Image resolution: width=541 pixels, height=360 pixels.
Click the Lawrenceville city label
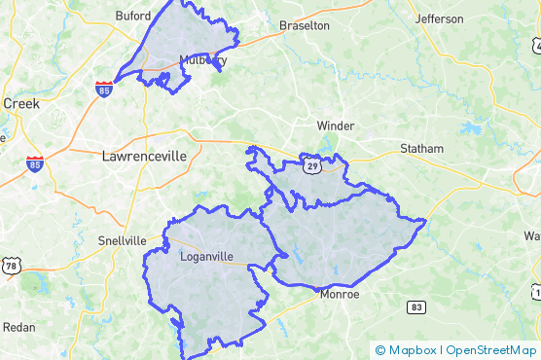click(x=144, y=155)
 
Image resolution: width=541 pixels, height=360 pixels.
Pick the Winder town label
click(x=336, y=126)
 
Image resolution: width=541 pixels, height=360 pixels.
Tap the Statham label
click(x=421, y=149)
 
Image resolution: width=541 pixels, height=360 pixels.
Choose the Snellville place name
click(x=122, y=240)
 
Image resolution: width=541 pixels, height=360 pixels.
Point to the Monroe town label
click(x=340, y=294)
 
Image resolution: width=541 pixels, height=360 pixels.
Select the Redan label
click(x=19, y=327)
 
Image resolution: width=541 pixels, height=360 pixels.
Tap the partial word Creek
click(x=20, y=103)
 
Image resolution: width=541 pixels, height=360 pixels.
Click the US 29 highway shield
click(x=311, y=166)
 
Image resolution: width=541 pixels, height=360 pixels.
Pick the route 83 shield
click(x=416, y=306)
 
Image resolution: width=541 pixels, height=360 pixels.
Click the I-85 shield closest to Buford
click(x=104, y=90)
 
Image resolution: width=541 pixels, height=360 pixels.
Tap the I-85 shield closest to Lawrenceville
click(x=35, y=164)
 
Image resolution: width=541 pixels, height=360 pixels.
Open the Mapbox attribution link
click(x=412, y=350)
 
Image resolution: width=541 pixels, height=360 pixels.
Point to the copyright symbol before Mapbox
click(x=380, y=350)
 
